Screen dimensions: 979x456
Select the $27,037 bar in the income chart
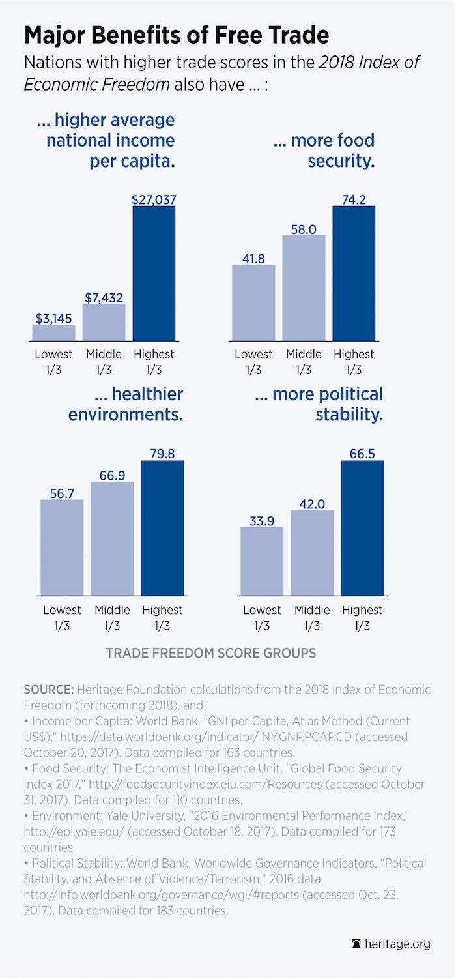point(154,274)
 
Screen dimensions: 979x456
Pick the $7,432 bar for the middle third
point(104,322)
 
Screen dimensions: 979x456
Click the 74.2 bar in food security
point(354,274)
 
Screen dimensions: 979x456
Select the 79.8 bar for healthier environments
point(162,528)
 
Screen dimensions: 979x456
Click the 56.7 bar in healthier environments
point(62,548)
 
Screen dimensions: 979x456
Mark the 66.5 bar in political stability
point(362,528)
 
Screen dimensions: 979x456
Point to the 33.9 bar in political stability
point(262,561)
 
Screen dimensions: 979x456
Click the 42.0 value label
point(312,502)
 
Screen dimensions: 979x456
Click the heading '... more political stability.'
point(328,404)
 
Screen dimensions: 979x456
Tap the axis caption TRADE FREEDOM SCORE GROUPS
point(211,653)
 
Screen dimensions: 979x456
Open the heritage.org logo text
point(397,944)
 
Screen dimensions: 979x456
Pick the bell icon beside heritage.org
point(356,944)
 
